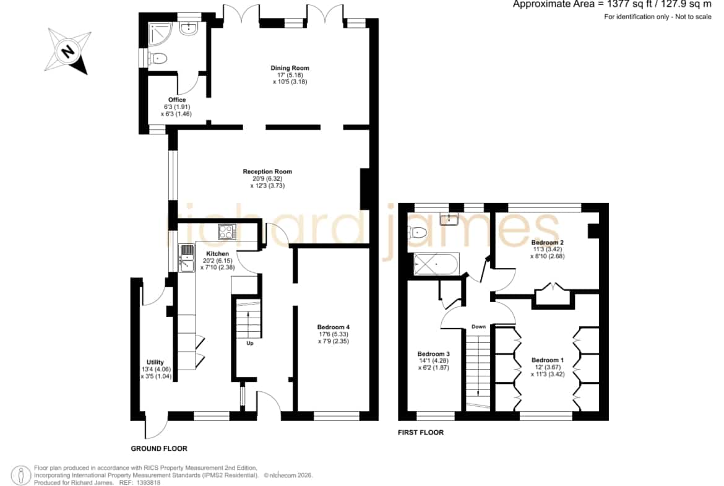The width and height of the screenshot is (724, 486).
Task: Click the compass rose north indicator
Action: point(68,50)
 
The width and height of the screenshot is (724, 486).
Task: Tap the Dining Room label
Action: point(290,68)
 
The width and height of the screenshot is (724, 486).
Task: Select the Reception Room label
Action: point(267,171)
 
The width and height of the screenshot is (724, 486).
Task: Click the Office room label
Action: point(177,100)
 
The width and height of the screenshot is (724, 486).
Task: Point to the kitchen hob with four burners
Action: point(226,232)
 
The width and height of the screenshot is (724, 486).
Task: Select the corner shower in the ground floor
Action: point(160,33)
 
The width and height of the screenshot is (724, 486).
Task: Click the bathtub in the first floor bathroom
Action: point(436,264)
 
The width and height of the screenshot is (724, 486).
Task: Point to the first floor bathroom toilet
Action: point(418,232)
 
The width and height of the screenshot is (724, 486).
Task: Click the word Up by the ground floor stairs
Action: point(250,343)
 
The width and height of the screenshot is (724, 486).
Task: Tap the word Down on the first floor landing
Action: point(478,327)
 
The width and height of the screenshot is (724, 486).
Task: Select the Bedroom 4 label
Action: point(334,328)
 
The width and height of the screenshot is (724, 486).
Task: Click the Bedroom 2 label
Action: point(547,243)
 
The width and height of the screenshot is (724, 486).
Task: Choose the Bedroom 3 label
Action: point(434,354)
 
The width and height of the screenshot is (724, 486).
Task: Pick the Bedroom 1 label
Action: point(548,360)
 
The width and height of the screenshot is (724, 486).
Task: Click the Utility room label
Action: point(155,363)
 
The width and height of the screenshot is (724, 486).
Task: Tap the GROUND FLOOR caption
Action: point(159,449)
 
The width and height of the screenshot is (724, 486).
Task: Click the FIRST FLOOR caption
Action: point(421,433)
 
